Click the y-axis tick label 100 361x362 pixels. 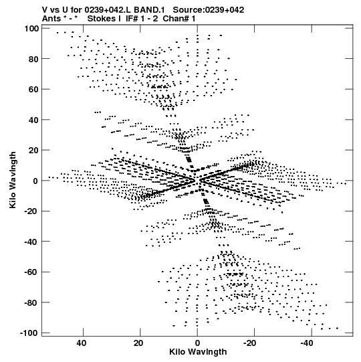point(31,29)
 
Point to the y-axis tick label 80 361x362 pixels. point(33,59)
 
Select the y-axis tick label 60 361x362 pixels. point(33,90)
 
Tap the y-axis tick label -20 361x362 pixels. point(31,211)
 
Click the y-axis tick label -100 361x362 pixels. point(29,333)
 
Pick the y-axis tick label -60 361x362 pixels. point(31,272)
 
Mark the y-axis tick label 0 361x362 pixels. point(35,181)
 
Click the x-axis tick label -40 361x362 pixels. point(307,343)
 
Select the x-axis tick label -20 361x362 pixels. point(249,343)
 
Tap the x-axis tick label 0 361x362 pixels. point(197,343)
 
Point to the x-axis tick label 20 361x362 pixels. point(138,343)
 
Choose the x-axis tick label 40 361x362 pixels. point(81,343)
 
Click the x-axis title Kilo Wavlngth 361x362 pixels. point(198,352)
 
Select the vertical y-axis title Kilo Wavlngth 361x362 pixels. point(13,180)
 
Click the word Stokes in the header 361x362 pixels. point(102,19)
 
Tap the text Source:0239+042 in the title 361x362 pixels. point(209,10)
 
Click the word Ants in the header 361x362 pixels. point(51,19)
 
